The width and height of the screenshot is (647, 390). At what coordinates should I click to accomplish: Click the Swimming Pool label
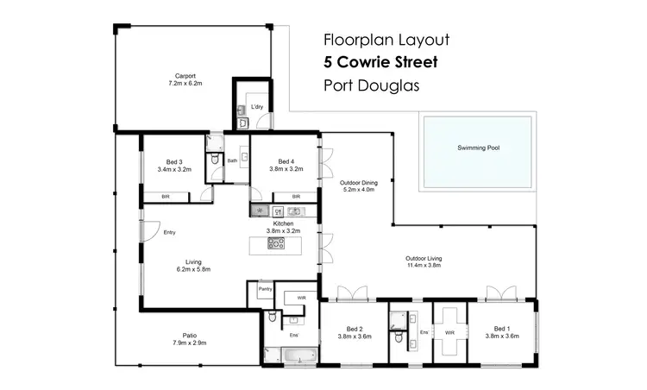point(478,148)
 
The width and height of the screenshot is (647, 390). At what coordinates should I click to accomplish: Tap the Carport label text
point(185,75)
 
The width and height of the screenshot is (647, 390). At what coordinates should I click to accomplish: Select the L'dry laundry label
point(256,108)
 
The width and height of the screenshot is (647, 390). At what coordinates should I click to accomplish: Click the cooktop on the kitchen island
point(276,243)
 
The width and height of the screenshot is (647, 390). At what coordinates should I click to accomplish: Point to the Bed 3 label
point(173,161)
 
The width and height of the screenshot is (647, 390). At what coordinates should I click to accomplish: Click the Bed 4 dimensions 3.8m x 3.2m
point(286,170)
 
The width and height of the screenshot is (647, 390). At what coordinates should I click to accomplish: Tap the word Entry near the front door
point(170,232)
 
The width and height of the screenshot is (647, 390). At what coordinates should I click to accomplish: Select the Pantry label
point(266,289)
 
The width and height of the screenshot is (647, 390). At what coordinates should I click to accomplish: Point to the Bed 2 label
point(355,328)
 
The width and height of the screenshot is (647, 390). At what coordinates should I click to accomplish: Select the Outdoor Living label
point(424,258)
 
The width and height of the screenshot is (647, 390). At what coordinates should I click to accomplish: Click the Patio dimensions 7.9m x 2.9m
point(189,343)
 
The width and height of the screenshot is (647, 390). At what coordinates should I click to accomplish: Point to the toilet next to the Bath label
point(213,160)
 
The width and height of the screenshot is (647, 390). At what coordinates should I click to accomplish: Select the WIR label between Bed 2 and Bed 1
point(449,332)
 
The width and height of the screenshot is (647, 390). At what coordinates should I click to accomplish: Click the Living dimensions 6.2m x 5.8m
point(193,269)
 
